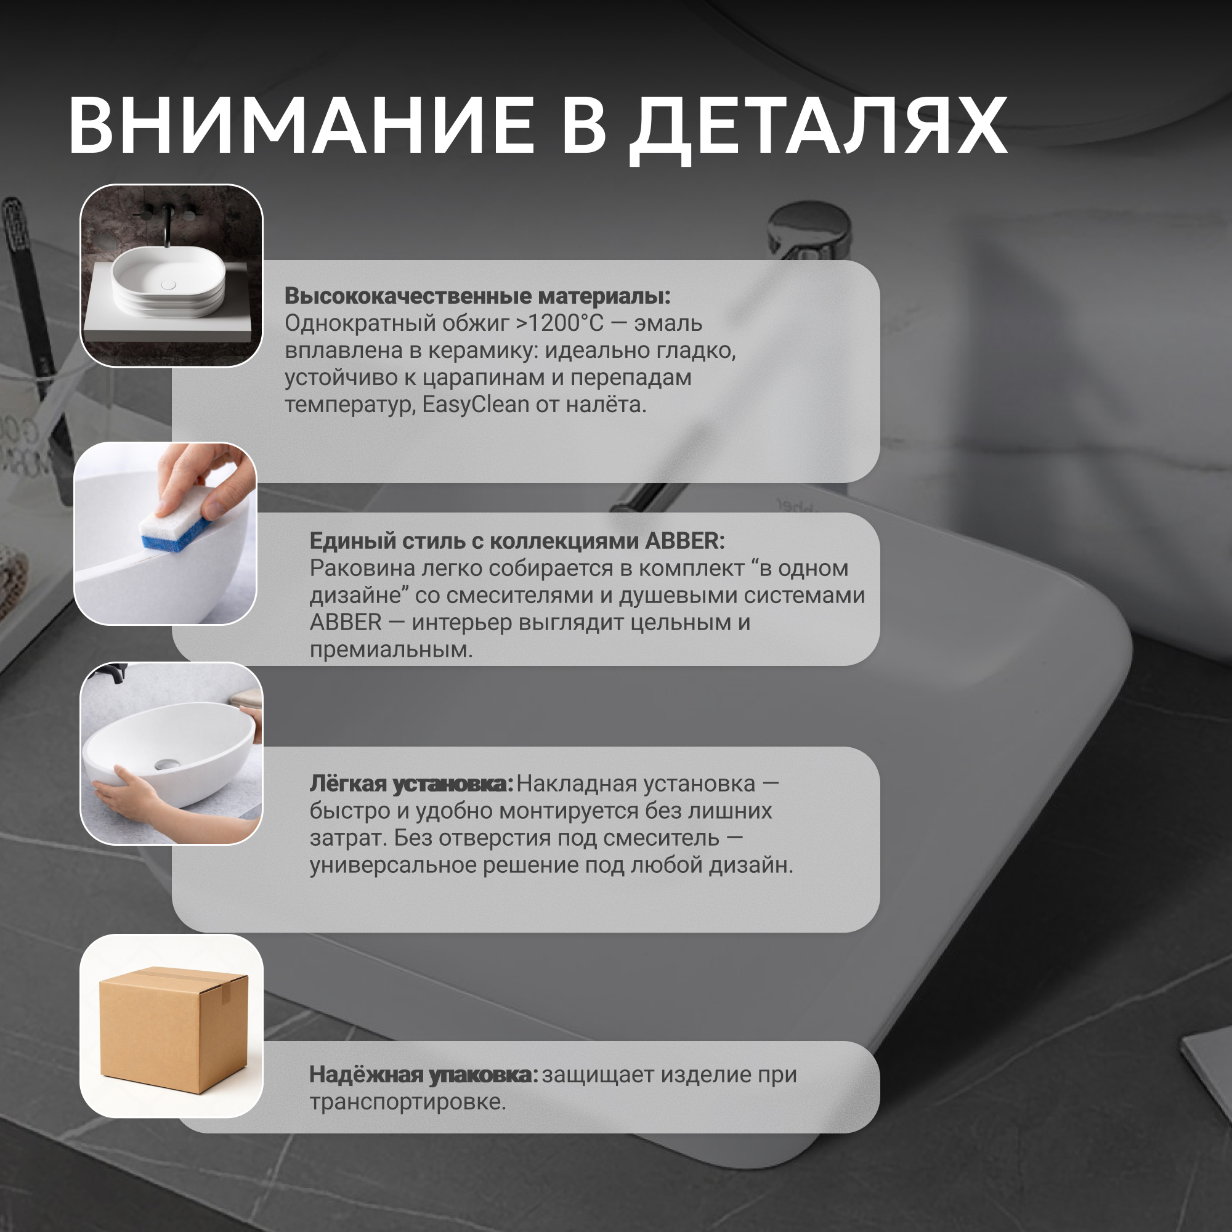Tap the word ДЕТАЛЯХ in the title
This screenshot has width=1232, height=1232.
tap(818, 128)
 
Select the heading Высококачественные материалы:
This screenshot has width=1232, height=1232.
tap(477, 296)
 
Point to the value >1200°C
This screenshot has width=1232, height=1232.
tap(559, 323)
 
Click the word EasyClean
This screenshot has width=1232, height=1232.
tap(476, 404)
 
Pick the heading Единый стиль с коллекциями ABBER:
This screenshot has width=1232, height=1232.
tap(517, 541)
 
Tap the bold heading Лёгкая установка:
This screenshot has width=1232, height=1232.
tap(411, 784)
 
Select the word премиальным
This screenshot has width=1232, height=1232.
tap(391, 650)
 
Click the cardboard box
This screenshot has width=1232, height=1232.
tap(173, 1032)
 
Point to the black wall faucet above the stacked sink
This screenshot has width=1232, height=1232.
tap(169, 220)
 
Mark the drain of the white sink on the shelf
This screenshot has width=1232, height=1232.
tap(169, 285)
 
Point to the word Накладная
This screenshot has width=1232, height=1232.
tap(572, 784)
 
